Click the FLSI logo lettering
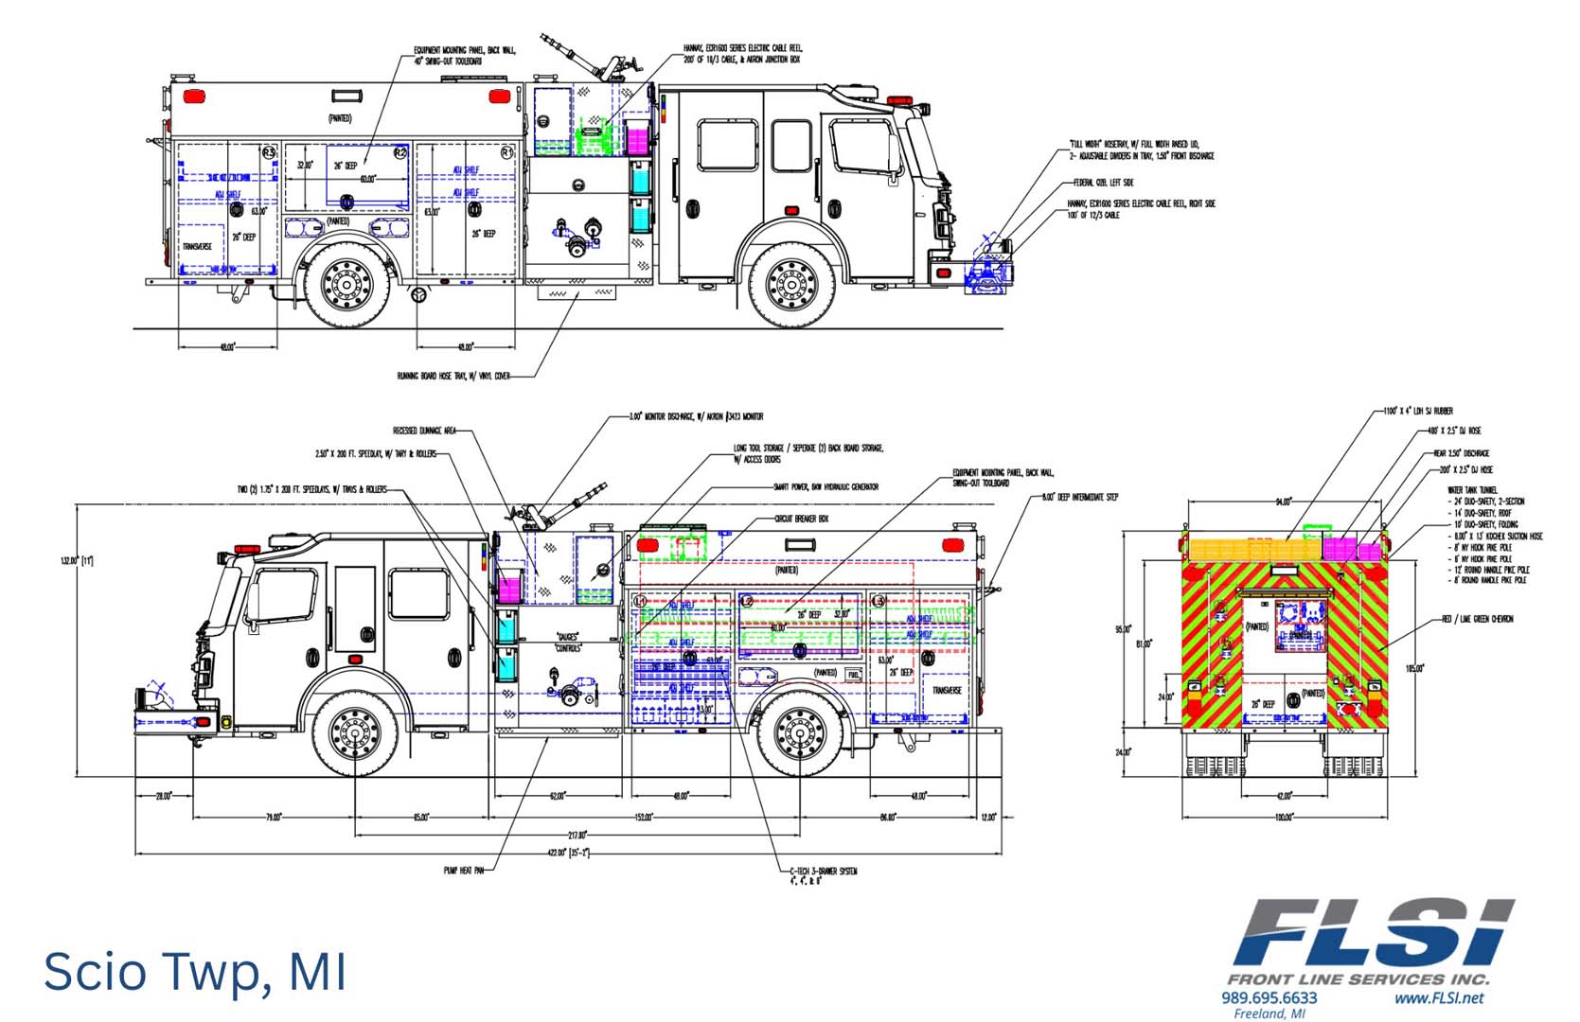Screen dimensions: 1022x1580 coord(1373,931)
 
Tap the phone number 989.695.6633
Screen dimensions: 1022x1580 coord(1269,997)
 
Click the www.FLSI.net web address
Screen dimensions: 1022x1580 coord(1438,997)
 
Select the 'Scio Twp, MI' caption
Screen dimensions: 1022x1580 coord(195,971)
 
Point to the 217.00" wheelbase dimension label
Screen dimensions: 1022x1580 coord(577,835)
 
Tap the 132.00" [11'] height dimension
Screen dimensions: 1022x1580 coord(77,561)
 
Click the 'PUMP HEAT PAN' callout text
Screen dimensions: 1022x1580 coord(463,870)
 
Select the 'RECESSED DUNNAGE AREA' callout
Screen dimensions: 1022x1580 coord(424,431)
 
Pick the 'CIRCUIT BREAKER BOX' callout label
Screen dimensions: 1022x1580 coord(801,519)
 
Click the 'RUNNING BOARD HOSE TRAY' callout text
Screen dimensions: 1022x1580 coord(453,376)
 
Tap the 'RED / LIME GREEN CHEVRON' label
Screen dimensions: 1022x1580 coord(1477,619)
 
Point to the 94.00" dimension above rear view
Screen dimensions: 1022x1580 coord(1283,502)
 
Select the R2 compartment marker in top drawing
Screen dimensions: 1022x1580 coord(399,151)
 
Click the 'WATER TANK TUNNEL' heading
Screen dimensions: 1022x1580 coord(1472,490)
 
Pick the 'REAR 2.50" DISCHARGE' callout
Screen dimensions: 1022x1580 coord(1462,453)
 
